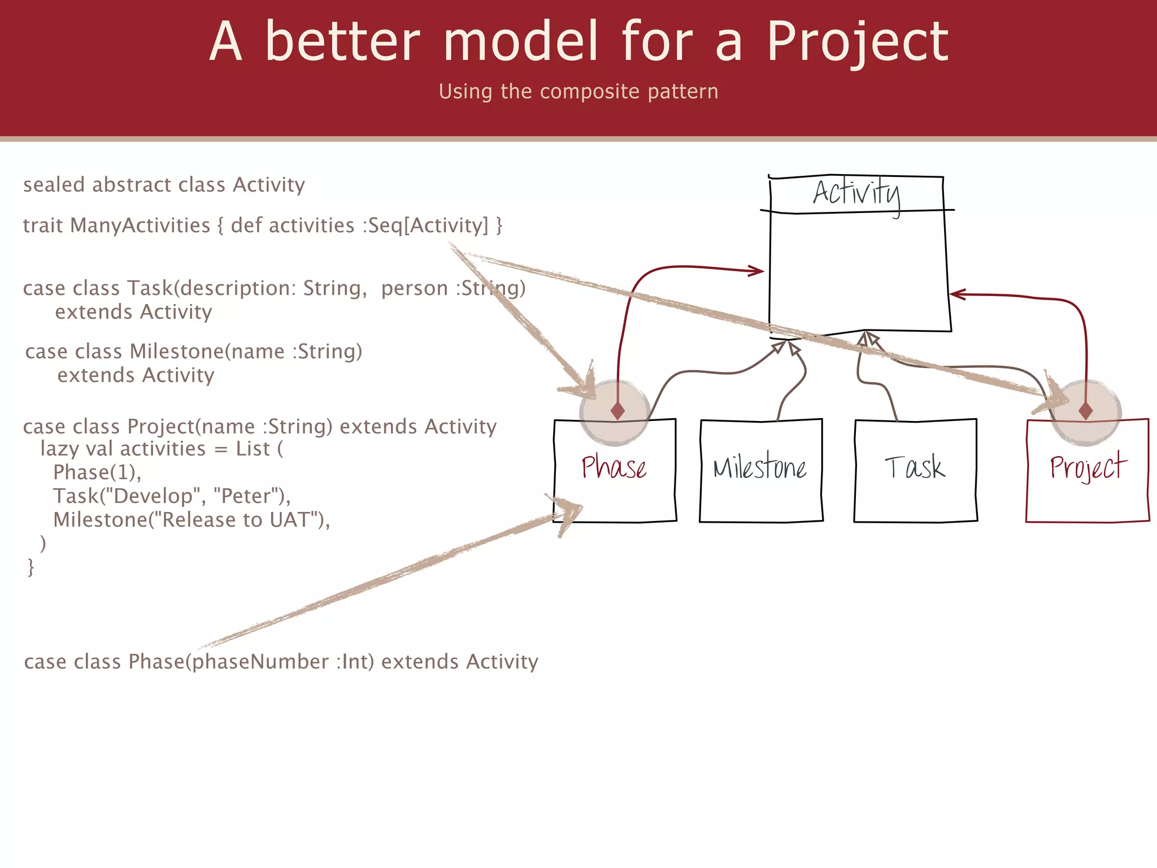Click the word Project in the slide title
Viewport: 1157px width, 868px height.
tap(857, 42)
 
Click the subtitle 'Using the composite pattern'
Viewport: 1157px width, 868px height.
tap(578, 92)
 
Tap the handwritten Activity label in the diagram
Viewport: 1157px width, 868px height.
tap(856, 194)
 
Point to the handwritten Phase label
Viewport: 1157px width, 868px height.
tap(614, 467)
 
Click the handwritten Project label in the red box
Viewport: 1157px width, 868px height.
tap(1088, 467)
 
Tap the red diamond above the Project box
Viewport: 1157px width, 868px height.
tap(1085, 410)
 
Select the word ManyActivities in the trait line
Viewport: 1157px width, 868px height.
tap(140, 225)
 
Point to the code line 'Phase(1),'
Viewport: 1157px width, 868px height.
tap(97, 472)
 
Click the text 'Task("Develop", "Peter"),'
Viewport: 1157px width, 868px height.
tap(172, 496)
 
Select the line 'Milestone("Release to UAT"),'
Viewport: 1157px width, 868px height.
tap(192, 520)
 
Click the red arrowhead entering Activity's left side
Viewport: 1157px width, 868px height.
tap(757, 271)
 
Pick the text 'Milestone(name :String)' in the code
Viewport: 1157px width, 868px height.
tap(246, 351)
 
